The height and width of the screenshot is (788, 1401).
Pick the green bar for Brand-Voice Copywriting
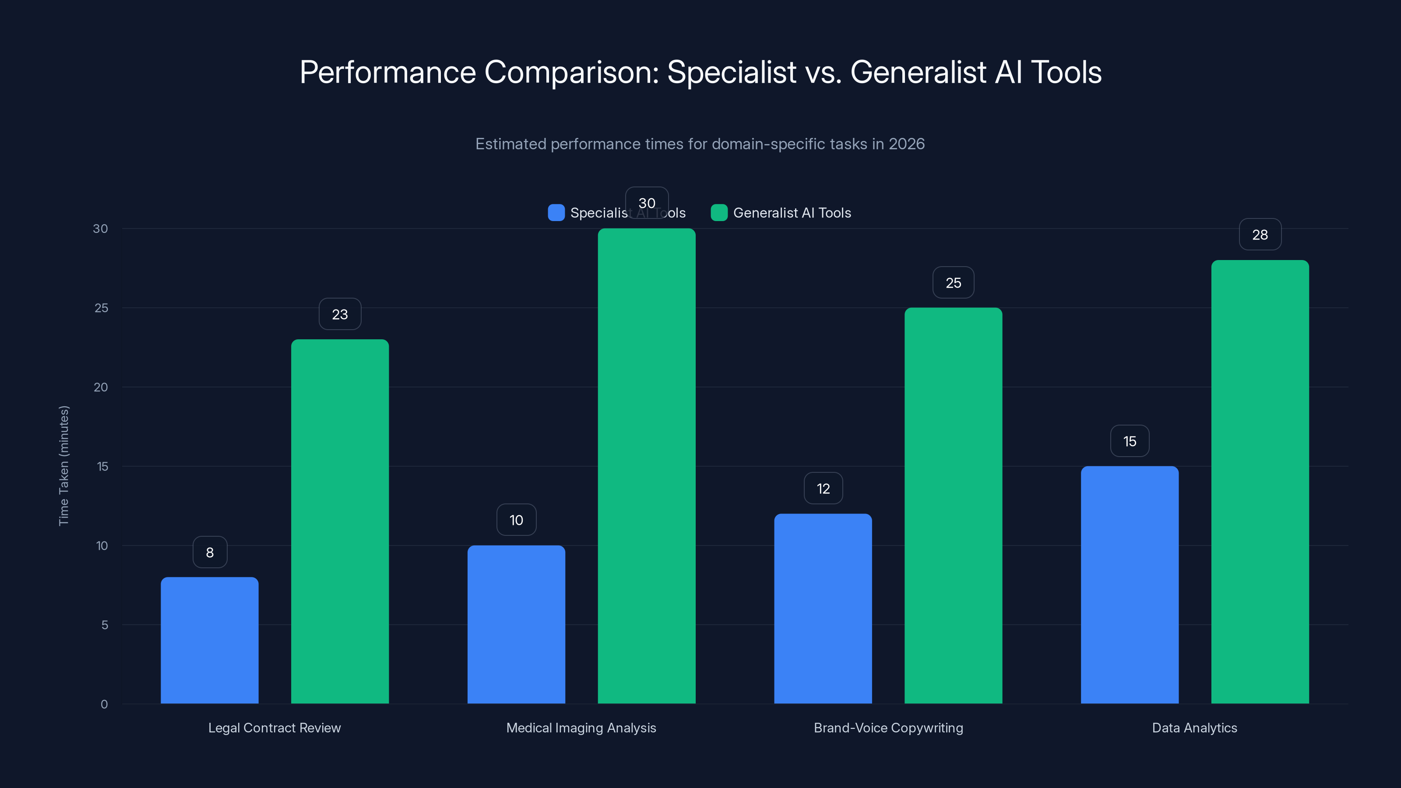[x=954, y=506]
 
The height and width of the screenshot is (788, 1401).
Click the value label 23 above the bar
[x=340, y=314]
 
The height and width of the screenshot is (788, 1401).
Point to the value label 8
[x=210, y=552]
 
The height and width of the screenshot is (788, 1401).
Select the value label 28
[x=1260, y=235]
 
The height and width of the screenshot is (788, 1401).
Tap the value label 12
[x=824, y=489]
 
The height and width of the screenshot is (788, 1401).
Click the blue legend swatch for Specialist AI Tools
[x=556, y=213]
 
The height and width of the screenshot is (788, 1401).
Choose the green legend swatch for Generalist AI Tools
[x=719, y=213]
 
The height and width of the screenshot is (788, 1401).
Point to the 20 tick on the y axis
[x=101, y=387]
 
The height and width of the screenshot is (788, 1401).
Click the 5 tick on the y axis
[x=105, y=625]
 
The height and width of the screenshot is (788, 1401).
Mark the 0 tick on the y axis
[x=105, y=704]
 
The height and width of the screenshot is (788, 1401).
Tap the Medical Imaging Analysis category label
[x=581, y=728]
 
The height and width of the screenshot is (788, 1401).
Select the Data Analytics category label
[x=1194, y=728]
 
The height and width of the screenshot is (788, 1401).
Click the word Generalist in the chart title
[x=918, y=72]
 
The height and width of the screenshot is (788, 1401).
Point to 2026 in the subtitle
[x=906, y=144]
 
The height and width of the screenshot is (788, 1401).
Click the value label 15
[x=1130, y=442]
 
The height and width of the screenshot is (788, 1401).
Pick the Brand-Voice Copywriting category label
[x=888, y=728]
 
